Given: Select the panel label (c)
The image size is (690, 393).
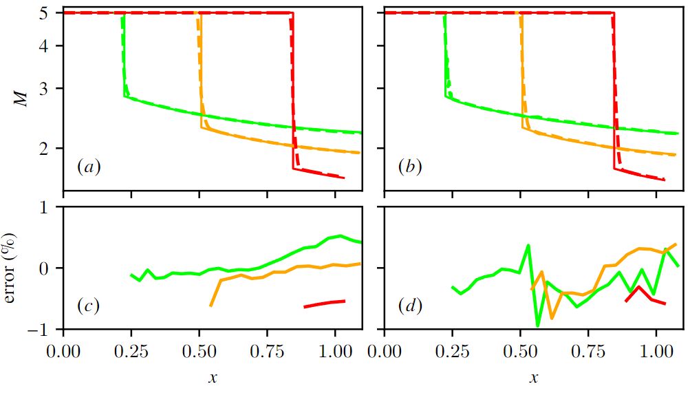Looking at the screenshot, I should (x=89, y=305).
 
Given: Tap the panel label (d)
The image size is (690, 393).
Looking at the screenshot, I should (x=411, y=305).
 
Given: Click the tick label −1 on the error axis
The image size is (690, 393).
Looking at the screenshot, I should (x=36, y=330).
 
